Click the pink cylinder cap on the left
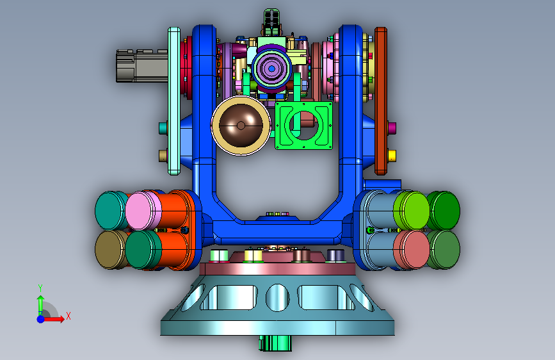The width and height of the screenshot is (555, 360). (x=141, y=211)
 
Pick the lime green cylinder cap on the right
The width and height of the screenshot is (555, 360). (x=412, y=211)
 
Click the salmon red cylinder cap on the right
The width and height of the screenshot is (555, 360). (x=412, y=250)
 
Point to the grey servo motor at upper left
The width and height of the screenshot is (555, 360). (x=142, y=66)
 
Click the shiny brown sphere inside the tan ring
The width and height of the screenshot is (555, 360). (x=241, y=125)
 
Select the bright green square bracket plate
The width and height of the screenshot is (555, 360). (x=303, y=126)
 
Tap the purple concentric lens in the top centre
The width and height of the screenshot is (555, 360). (x=271, y=69)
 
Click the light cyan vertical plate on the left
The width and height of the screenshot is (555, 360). (x=173, y=101)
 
